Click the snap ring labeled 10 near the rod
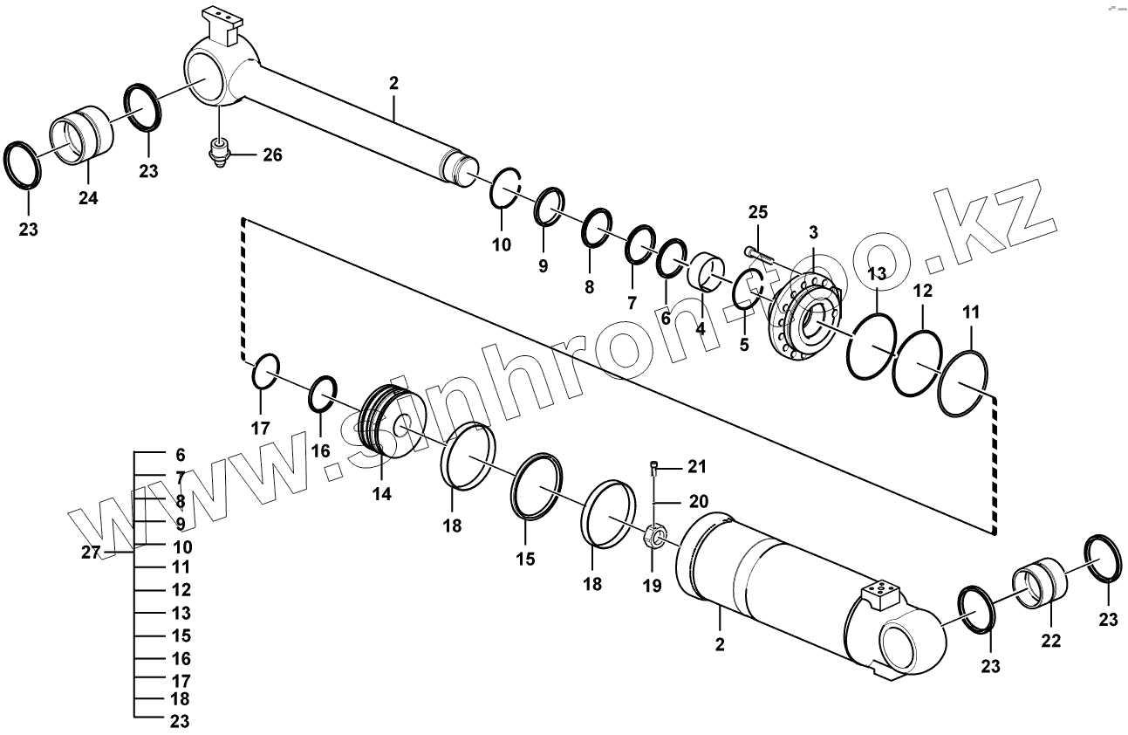(x=504, y=187)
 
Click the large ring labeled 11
(x=963, y=384)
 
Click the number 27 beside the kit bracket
(x=92, y=552)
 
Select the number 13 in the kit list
(x=181, y=614)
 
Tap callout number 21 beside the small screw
(x=696, y=467)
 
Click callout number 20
(x=699, y=502)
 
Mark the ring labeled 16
(x=324, y=395)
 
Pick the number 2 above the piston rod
(x=393, y=84)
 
